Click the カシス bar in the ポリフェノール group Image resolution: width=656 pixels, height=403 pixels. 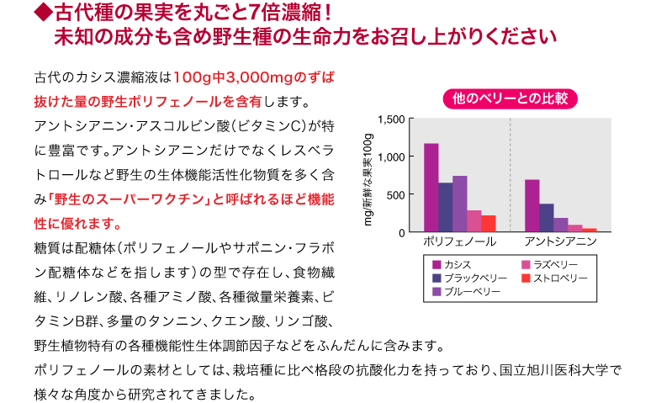coord(431,188)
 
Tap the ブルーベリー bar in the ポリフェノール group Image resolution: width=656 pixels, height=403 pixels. coord(459,204)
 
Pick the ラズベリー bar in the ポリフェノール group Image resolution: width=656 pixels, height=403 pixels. coord(473,221)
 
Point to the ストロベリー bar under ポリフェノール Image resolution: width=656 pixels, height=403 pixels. coord(488,224)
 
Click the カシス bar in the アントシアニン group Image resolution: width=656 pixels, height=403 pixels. coord(532,205)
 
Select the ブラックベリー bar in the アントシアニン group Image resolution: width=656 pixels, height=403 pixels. coord(546,217)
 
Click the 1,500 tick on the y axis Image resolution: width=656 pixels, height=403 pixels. coord(392,119)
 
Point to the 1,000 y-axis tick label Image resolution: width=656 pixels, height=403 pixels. coord(392,157)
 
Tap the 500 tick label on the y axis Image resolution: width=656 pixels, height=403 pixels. coord(396,194)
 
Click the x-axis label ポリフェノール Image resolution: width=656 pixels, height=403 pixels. coord(459,242)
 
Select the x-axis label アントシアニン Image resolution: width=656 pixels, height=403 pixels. coord(560,242)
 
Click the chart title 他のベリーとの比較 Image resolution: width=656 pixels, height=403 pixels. coord(510,98)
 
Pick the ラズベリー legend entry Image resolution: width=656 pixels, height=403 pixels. coord(552,265)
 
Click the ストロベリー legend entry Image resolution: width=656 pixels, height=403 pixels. coord(555,278)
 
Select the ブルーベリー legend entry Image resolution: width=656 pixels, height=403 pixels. coord(471,291)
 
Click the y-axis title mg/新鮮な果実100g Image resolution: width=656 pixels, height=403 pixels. coord(368,176)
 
